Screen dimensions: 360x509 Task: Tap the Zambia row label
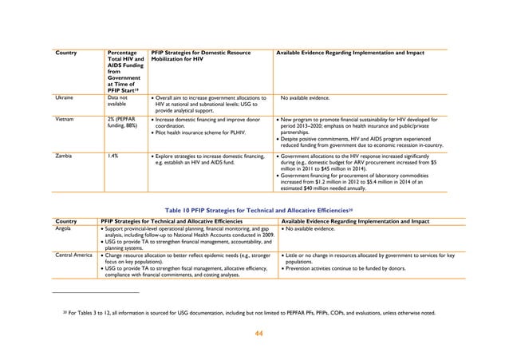click(x=64, y=156)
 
